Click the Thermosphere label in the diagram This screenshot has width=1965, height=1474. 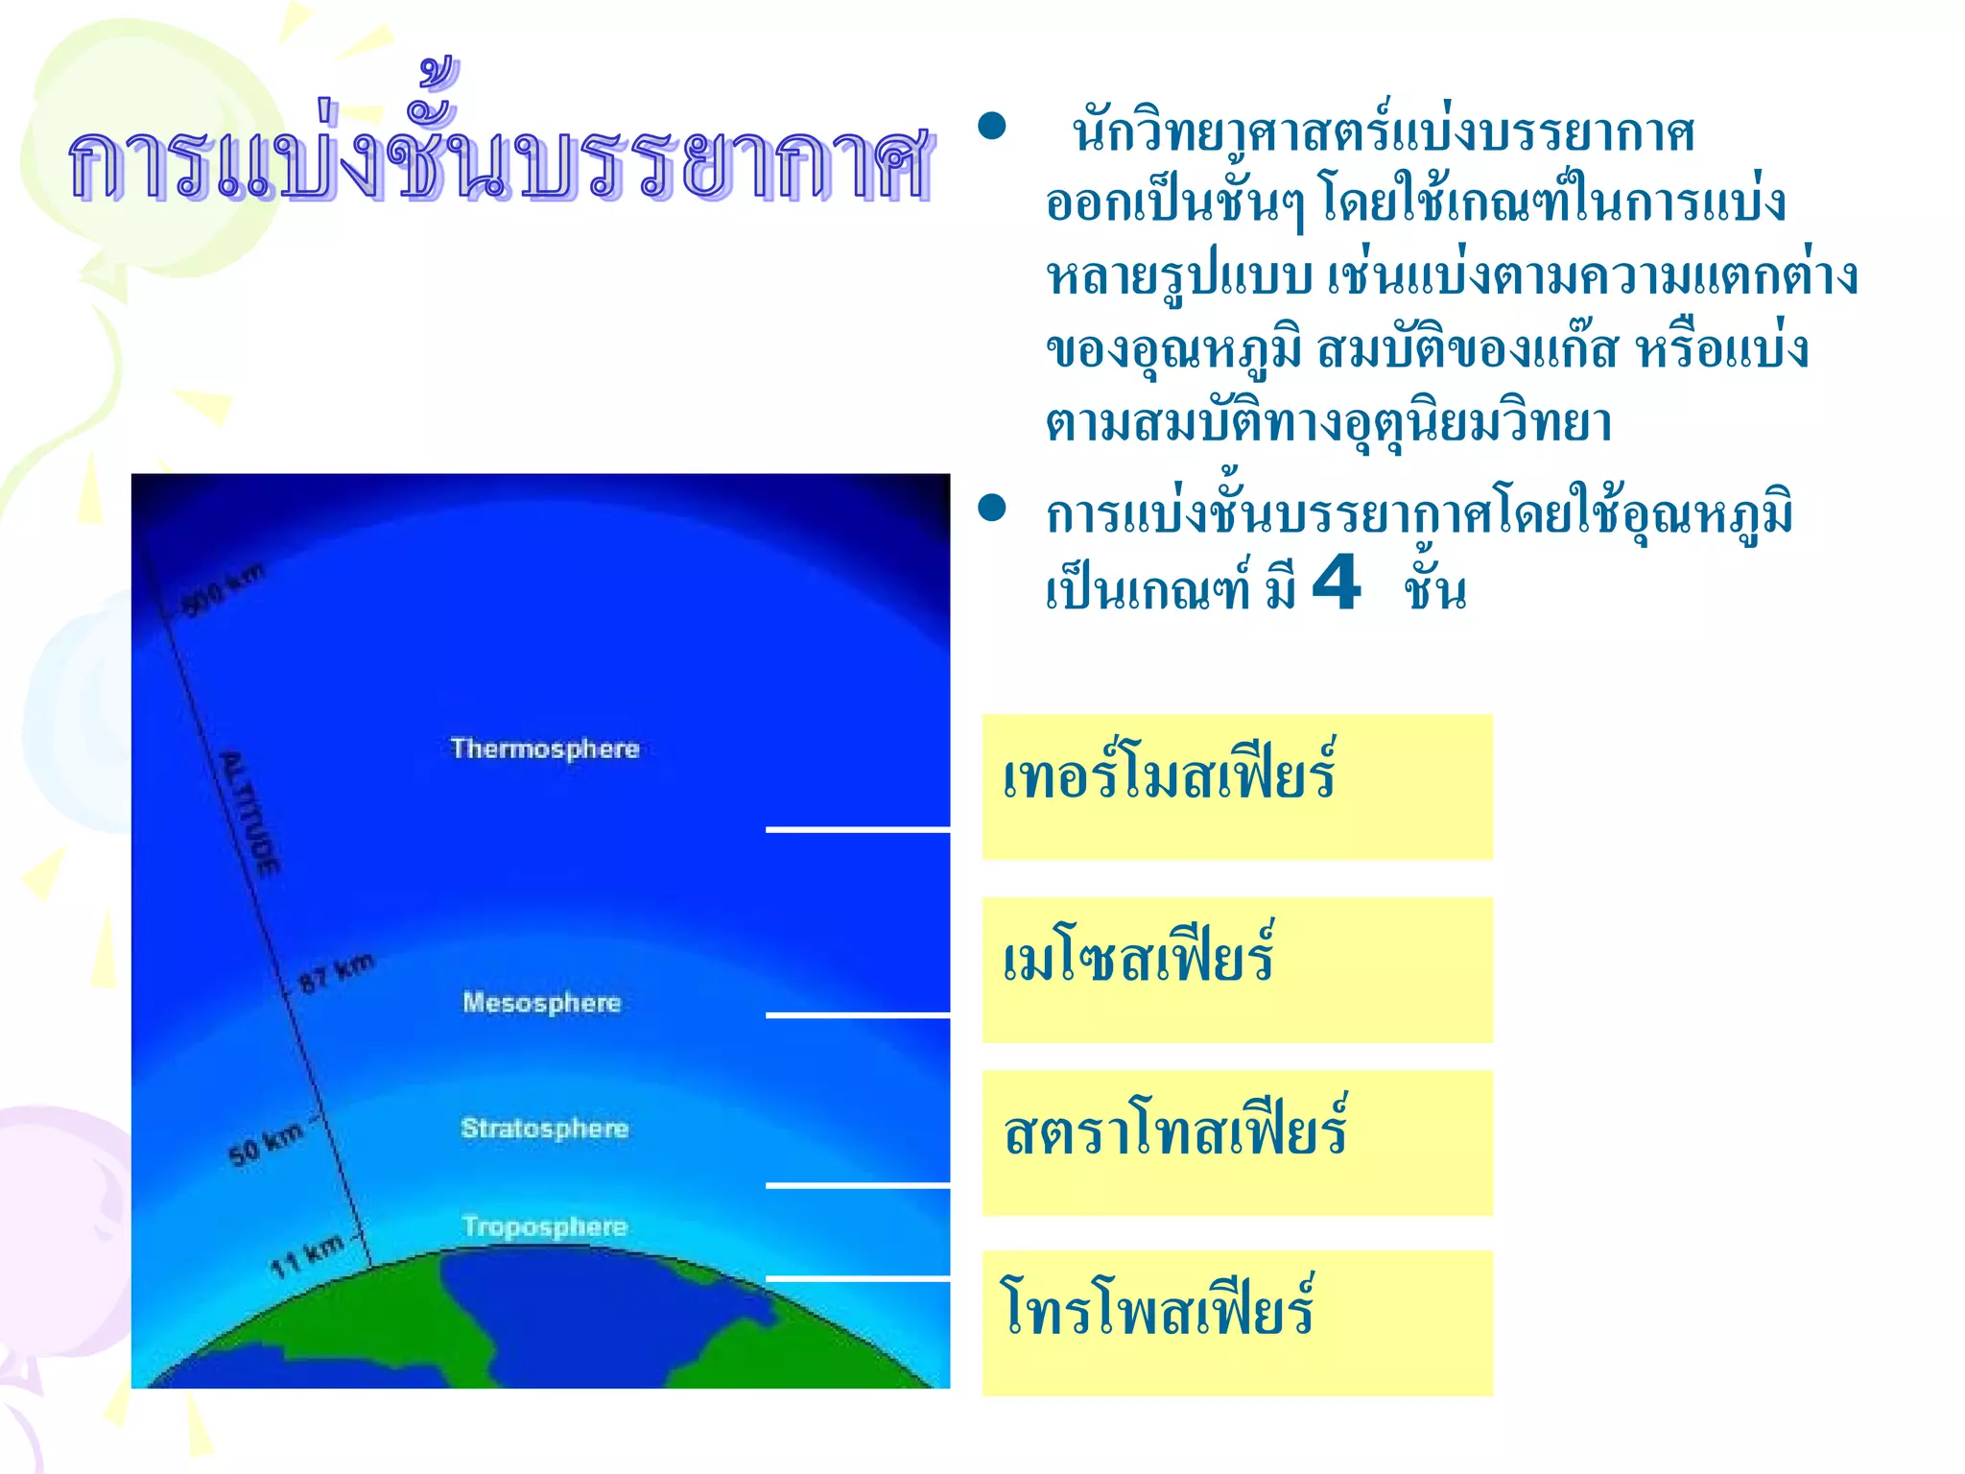click(x=545, y=749)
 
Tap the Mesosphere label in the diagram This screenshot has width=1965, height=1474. click(x=542, y=1003)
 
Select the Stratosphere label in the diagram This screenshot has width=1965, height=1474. click(x=544, y=1129)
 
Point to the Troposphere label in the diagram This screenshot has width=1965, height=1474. click(x=544, y=1226)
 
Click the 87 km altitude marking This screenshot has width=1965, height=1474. click(x=336, y=974)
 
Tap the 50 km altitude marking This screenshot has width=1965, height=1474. click(x=266, y=1143)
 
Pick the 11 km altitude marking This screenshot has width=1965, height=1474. click(x=306, y=1256)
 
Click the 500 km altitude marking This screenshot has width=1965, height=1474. click(x=223, y=589)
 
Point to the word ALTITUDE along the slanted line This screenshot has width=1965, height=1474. click(x=251, y=814)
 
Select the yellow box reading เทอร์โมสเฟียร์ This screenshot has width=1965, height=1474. click(x=1237, y=787)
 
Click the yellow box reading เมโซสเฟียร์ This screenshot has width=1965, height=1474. click(x=1237, y=969)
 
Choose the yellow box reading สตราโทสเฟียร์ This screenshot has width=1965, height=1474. click(x=1237, y=1143)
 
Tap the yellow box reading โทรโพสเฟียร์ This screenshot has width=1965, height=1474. click(x=1237, y=1322)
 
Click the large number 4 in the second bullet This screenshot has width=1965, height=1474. click(x=1336, y=582)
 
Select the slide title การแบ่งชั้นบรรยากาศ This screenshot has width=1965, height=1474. click(x=499, y=158)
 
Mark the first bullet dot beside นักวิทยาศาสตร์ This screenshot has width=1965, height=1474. click(x=991, y=127)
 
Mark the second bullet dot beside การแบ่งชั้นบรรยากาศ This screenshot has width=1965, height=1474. click(x=991, y=509)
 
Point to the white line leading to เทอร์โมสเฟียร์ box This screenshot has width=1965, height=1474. click(x=858, y=829)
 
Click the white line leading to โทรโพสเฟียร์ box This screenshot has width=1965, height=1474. click(x=858, y=1279)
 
